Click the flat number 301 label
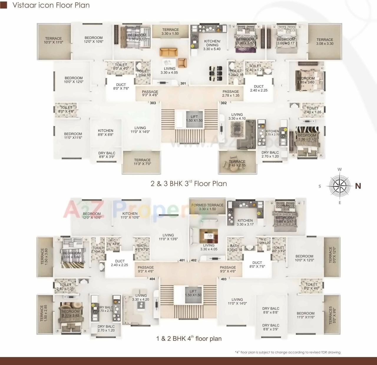[183, 84]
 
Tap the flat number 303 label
[153, 103]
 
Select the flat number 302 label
[224, 103]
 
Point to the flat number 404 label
[152, 279]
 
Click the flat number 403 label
[224, 279]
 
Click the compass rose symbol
[339, 186]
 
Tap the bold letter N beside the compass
[358, 186]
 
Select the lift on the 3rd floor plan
[194, 119]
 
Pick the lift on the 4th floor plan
[193, 293]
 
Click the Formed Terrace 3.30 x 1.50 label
[207, 207]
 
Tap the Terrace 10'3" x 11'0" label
[53, 40]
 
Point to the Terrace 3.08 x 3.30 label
[325, 41]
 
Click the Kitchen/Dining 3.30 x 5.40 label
[212, 45]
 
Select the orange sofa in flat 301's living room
[169, 52]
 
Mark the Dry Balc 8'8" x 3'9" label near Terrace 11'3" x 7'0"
[107, 155]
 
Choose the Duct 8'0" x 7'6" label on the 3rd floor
[121, 86]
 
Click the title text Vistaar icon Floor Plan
[51, 5]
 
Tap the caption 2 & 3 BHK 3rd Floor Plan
[188, 184]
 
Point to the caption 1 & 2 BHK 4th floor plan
[188, 339]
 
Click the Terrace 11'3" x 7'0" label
[142, 162]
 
